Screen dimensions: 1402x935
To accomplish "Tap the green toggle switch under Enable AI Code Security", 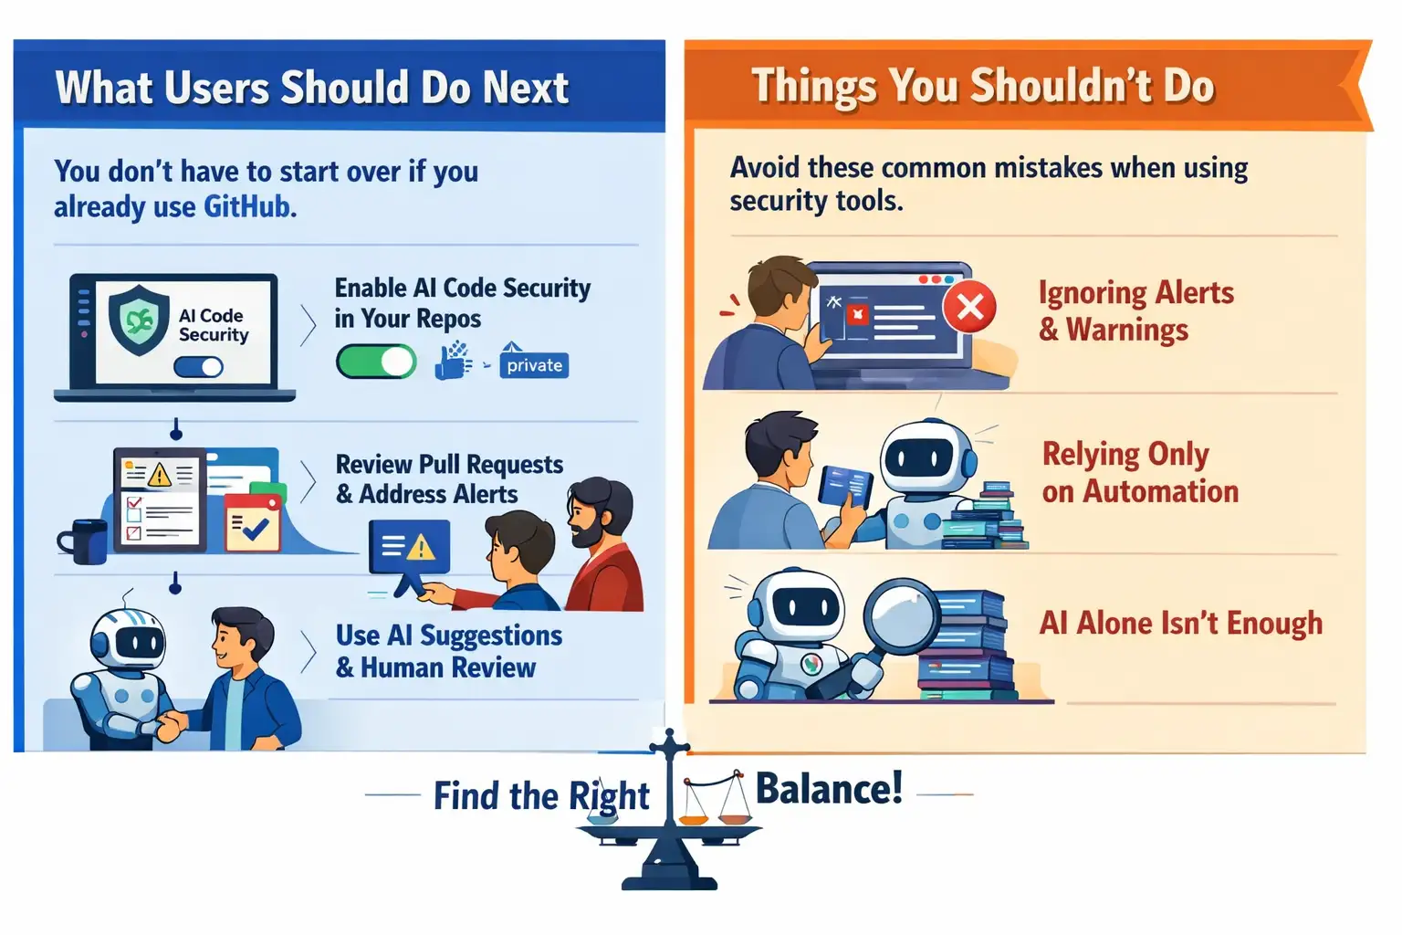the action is (376, 362).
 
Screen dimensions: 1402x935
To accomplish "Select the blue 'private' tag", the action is (534, 364).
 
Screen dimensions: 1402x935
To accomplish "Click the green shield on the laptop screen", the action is (139, 320).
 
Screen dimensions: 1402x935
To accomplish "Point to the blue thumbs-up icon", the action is (451, 362).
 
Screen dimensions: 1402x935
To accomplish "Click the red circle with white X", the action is (969, 307).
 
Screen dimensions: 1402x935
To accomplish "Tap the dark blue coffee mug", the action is (85, 541).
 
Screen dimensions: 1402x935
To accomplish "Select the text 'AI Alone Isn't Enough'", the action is (1181, 623).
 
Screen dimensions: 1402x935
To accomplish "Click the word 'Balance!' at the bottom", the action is (830, 788).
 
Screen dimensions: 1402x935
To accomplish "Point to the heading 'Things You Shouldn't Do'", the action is (983, 86).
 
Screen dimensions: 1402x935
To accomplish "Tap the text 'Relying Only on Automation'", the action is (1140, 472).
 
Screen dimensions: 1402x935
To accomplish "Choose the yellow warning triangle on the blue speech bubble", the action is (421, 547).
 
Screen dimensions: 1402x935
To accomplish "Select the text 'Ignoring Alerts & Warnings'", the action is (1136, 310).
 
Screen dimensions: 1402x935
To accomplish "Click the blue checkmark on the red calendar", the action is (256, 530).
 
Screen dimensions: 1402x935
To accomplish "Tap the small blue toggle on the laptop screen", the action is (198, 367).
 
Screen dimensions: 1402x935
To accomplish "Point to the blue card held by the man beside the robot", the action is (845, 486).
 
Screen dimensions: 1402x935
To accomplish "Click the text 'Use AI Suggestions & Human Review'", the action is (449, 651).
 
